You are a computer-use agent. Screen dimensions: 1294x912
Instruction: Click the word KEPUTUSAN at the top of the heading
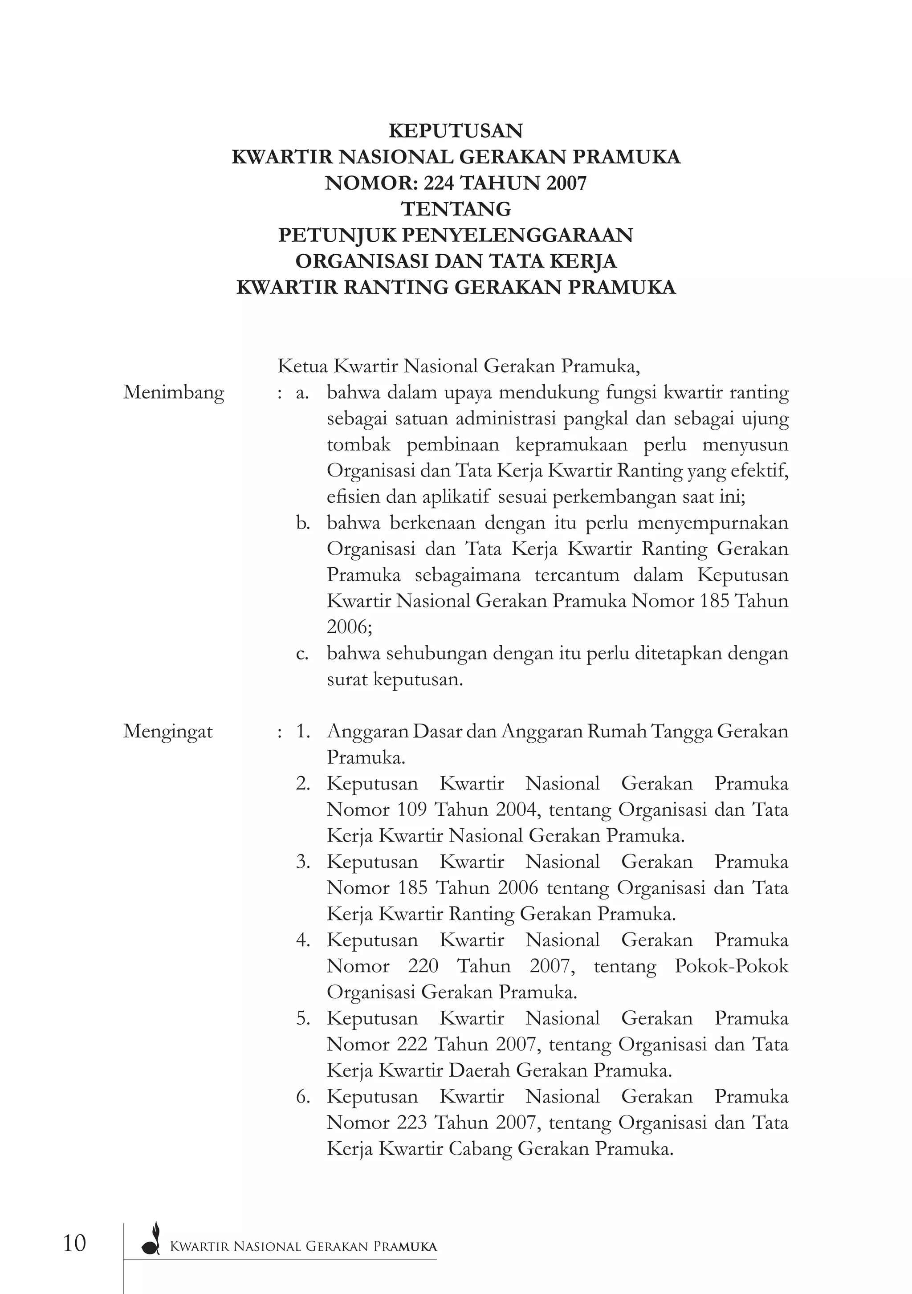click(456, 131)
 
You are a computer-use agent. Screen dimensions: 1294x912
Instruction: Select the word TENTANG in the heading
click(456, 209)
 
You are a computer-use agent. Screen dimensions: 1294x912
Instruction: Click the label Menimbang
click(174, 392)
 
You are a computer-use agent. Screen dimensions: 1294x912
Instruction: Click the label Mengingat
click(168, 732)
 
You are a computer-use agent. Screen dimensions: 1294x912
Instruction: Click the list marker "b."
click(303, 523)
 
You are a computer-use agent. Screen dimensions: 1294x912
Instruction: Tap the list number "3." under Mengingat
click(303, 862)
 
